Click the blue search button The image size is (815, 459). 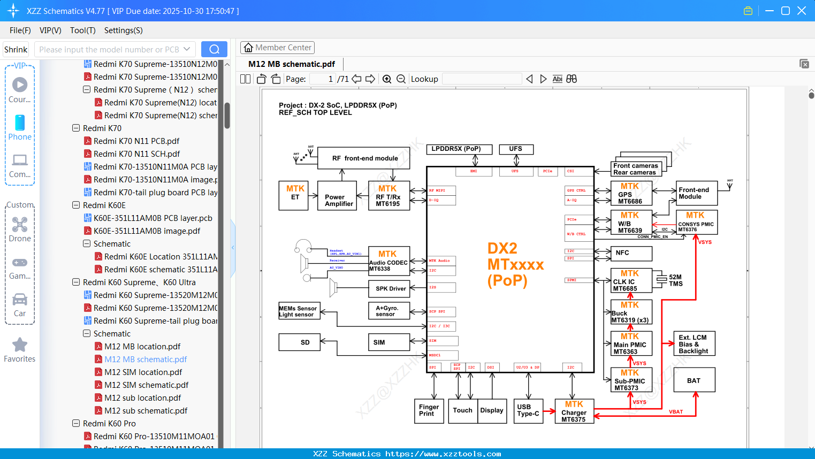(x=214, y=49)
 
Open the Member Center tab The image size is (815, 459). (x=277, y=48)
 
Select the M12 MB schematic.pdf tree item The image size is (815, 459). (x=146, y=359)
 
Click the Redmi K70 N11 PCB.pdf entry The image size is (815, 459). (x=136, y=141)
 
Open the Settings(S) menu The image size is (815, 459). (x=123, y=30)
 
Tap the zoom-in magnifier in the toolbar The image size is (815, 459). (x=387, y=79)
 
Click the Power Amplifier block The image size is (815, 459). (x=337, y=196)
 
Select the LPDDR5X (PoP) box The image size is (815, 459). (x=456, y=149)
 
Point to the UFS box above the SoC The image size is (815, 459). (x=516, y=149)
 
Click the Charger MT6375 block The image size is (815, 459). (x=574, y=411)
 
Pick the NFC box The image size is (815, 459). (x=631, y=253)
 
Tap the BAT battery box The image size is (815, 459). (x=694, y=380)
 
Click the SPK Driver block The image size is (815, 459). (x=390, y=288)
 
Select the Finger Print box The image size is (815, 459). (x=428, y=411)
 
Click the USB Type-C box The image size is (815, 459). (x=528, y=411)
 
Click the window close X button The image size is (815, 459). (x=801, y=11)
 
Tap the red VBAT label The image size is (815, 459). (x=675, y=412)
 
